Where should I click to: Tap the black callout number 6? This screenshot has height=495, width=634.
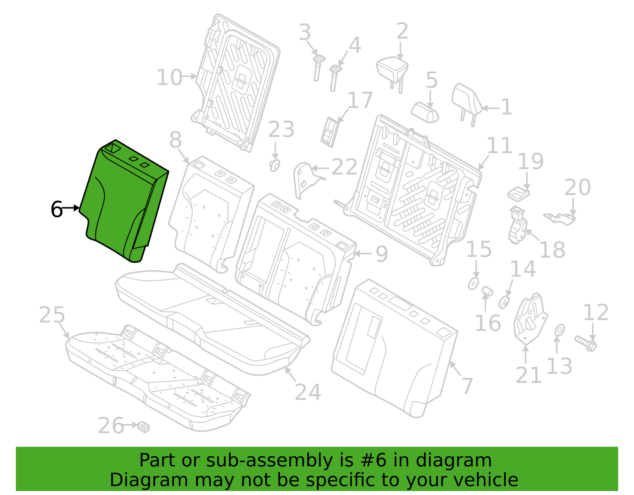(57, 209)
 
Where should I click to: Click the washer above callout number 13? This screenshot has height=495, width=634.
(560, 331)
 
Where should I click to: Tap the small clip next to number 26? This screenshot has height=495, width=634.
(143, 427)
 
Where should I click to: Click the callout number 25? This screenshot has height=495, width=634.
(52, 315)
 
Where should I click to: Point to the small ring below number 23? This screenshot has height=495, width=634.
(275, 166)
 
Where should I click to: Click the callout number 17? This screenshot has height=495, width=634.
(360, 100)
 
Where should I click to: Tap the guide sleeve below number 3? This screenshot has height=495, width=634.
(318, 68)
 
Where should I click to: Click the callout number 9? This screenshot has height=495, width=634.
(382, 254)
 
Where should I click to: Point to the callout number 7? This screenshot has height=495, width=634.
(468, 386)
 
